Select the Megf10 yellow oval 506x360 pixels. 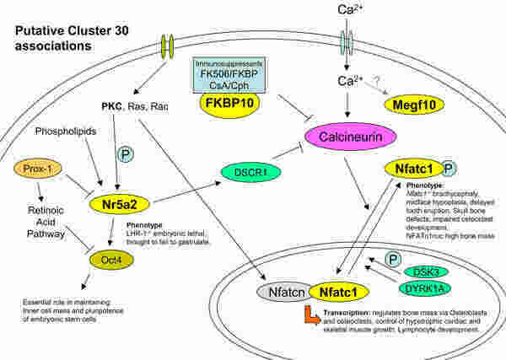point(413,104)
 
